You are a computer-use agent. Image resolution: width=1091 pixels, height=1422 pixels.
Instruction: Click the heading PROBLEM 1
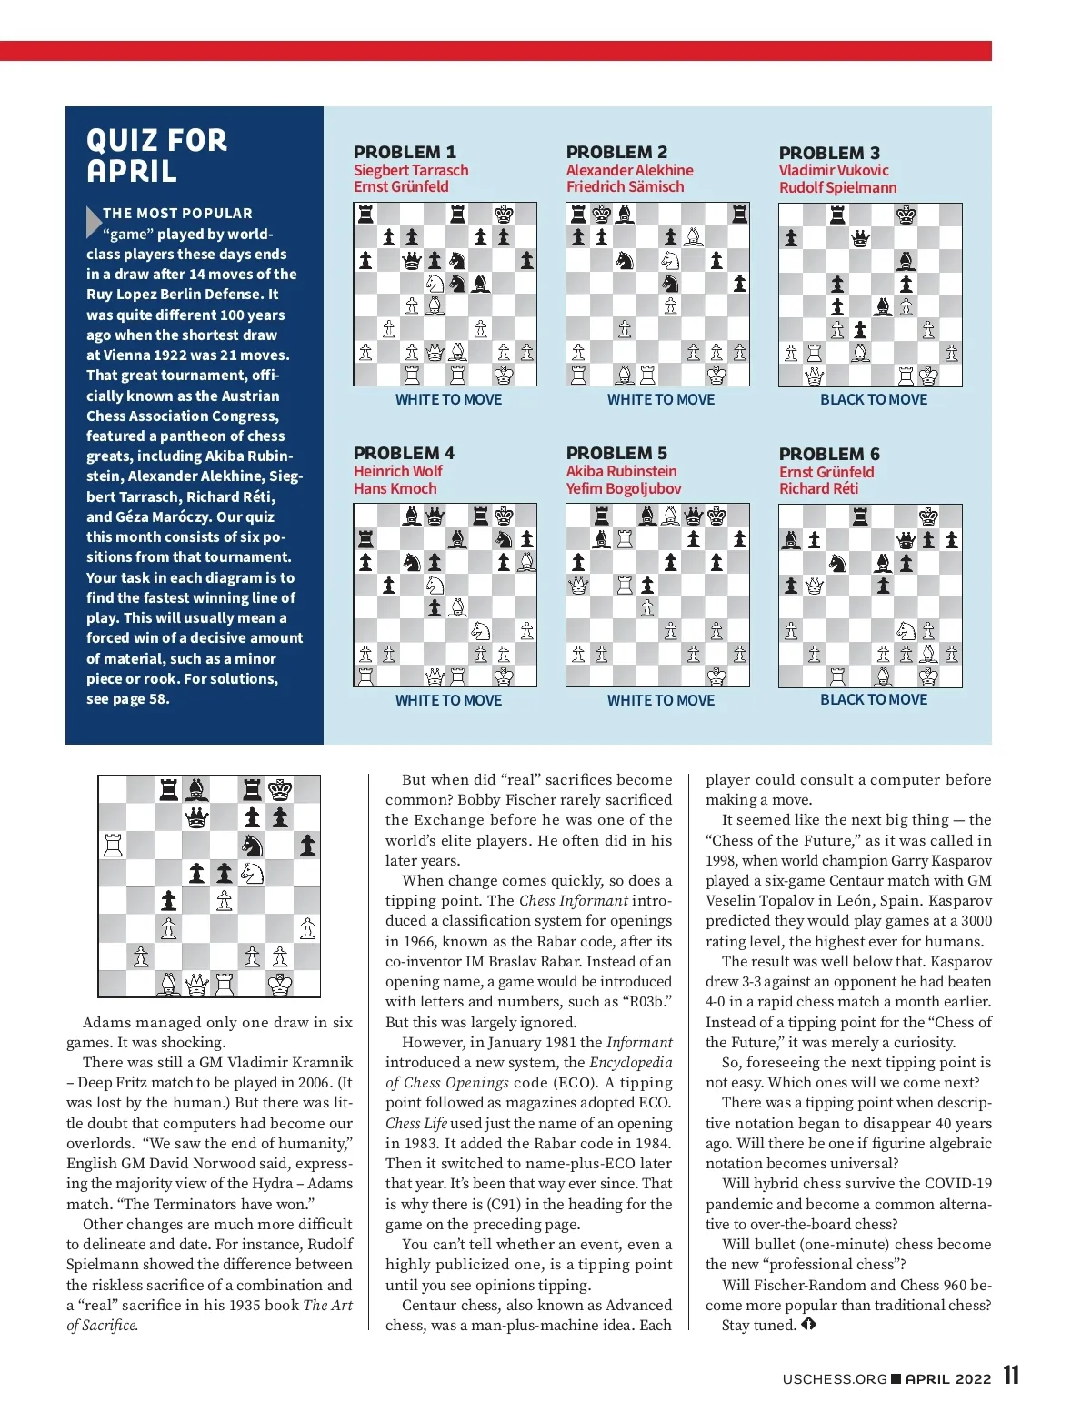coord(405,152)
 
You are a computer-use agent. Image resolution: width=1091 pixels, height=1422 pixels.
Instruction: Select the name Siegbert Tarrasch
coord(411,170)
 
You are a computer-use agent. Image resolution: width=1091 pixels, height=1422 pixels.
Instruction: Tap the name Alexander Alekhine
coord(629,170)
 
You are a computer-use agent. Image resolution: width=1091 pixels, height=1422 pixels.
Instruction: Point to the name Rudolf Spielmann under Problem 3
coord(837,187)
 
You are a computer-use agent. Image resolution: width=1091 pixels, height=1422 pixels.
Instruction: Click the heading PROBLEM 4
coord(404,453)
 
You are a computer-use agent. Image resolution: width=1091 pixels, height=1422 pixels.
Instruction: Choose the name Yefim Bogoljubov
coord(624,488)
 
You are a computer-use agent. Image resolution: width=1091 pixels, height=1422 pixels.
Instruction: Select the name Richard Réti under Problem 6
coord(818,488)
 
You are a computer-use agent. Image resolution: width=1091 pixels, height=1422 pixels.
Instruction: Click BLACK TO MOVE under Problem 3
coord(874,399)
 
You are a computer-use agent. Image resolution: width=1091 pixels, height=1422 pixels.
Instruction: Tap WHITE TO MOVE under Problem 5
coord(661,700)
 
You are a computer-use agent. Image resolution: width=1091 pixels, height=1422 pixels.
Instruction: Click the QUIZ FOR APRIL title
coord(156,155)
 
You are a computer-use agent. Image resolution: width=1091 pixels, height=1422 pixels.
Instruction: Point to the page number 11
coord(1011,1376)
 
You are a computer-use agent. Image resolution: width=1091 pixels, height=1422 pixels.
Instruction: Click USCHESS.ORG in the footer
coord(835,1378)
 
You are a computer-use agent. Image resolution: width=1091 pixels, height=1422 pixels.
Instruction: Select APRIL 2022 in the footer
coord(947,1378)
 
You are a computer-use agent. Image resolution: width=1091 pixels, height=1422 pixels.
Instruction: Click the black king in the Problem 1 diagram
coord(504,215)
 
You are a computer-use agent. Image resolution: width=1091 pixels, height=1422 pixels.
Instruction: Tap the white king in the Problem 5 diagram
coord(716,676)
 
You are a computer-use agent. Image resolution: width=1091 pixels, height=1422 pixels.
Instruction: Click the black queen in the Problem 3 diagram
coord(860,239)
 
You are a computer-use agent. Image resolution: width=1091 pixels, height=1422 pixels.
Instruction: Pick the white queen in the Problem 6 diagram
coord(814,586)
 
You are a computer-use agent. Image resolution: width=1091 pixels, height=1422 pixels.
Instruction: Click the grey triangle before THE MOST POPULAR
coord(93,222)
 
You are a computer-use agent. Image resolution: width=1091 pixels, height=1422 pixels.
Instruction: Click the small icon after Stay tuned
coord(808,1325)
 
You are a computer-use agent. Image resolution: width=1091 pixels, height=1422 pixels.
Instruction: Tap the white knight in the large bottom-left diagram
coord(252,874)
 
